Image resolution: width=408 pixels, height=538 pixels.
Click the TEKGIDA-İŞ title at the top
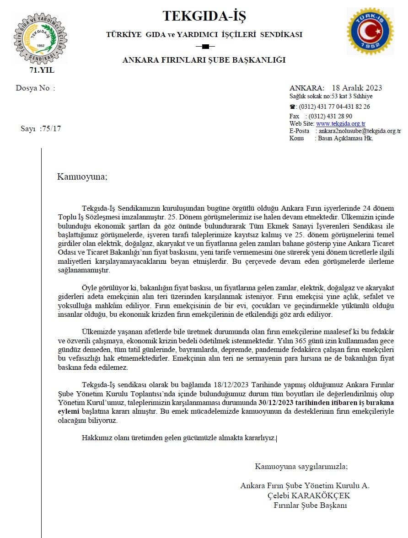pyautogui.click(x=204, y=16)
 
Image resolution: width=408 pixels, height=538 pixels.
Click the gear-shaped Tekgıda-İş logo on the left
pyautogui.click(x=40, y=38)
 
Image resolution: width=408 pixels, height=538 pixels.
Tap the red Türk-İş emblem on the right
pyautogui.click(x=370, y=31)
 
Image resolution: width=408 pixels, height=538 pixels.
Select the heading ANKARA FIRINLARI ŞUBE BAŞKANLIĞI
pyautogui.click(x=204, y=60)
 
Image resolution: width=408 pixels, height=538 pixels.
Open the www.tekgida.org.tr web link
pyautogui.click(x=340, y=124)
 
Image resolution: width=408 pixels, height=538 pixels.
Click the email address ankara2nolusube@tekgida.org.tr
pyautogui.click(x=360, y=131)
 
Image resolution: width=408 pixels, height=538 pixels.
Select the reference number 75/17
pyautogui.click(x=51, y=128)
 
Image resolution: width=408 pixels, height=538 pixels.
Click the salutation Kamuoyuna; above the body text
pyautogui.click(x=82, y=176)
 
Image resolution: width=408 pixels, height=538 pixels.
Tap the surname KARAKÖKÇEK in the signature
pyautogui.click(x=327, y=496)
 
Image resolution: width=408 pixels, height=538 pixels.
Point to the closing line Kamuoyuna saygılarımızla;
pyautogui.click(x=301, y=467)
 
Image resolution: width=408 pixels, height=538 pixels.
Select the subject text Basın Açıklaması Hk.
pyautogui.click(x=346, y=138)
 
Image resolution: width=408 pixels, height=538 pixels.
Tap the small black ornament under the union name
pyautogui.click(x=204, y=46)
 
